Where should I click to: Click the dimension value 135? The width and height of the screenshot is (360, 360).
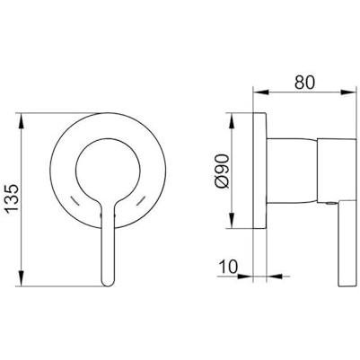click(13, 198)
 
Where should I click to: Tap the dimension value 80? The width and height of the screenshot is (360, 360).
click(305, 83)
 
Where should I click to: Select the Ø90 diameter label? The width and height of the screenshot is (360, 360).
click(223, 171)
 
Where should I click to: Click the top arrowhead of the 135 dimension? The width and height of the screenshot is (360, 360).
click(22, 121)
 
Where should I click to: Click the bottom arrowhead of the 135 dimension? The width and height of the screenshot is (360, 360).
click(22, 278)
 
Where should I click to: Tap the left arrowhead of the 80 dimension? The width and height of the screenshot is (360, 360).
click(261, 92)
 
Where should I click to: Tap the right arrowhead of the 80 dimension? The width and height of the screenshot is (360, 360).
click(348, 92)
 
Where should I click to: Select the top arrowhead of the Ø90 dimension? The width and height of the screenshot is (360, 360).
click(232, 121)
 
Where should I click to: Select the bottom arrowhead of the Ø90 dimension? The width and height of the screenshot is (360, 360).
click(232, 221)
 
